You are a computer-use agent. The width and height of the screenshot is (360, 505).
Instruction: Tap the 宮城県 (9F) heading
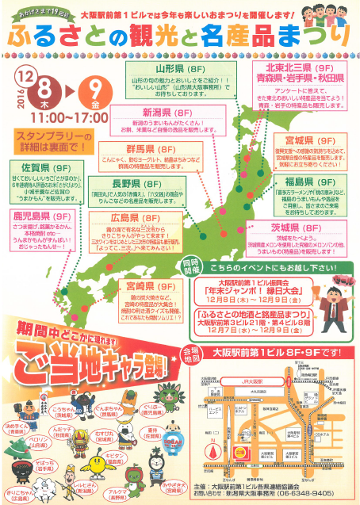(x=303, y=140)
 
